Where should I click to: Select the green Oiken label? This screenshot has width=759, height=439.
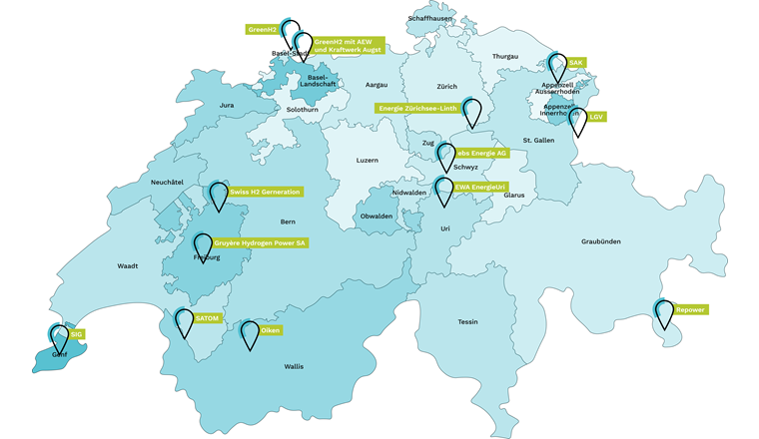coord(269,328)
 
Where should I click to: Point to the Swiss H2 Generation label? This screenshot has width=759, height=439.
coord(264,191)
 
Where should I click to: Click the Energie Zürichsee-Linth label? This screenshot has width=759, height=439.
coord(416,108)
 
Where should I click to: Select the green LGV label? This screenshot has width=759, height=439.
coord(596,117)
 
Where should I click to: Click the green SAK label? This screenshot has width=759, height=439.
coord(575,62)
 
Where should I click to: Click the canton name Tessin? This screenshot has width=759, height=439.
coord(468,322)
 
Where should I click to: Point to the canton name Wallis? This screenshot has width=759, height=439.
coord(294,367)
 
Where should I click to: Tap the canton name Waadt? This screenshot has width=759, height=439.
coord(128,266)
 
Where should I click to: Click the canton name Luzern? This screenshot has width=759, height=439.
coord(370,161)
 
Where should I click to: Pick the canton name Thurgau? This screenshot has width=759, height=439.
coord(506,57)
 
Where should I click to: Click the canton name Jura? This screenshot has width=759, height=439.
coord(227,105)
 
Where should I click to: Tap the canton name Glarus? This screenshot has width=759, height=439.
coord(514,196)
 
